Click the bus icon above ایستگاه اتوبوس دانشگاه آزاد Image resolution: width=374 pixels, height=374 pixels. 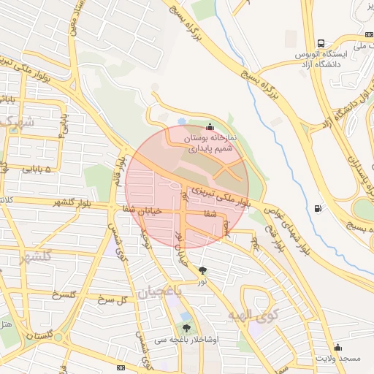point(321,43)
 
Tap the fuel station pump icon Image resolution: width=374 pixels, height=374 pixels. point(317,209)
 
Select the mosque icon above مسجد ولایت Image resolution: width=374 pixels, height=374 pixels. point(337,347)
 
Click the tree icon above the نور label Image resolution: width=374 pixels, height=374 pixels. point(202,271)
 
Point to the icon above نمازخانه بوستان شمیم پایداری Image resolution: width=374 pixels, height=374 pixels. point(210,126)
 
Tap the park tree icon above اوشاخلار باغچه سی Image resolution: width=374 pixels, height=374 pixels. point(186,329)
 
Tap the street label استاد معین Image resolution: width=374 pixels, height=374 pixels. point(72,22)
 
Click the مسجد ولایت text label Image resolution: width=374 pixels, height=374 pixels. point(337,359)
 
